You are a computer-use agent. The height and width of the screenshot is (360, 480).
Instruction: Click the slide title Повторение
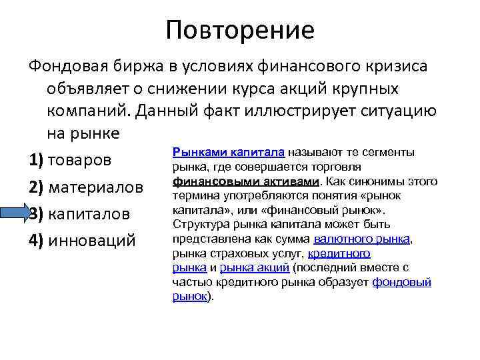[x=240, y=29]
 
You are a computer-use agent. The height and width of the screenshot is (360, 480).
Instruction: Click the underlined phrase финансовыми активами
[x=245, y=181]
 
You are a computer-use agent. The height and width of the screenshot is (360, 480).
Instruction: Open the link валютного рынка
[x=362, y=239]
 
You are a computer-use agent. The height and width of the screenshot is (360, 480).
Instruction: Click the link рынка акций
[x=254, y=268]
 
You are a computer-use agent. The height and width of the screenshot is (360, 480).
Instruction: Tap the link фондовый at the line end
[x=402, y=282]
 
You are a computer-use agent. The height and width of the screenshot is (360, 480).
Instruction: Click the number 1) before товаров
[x=36, y=161]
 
